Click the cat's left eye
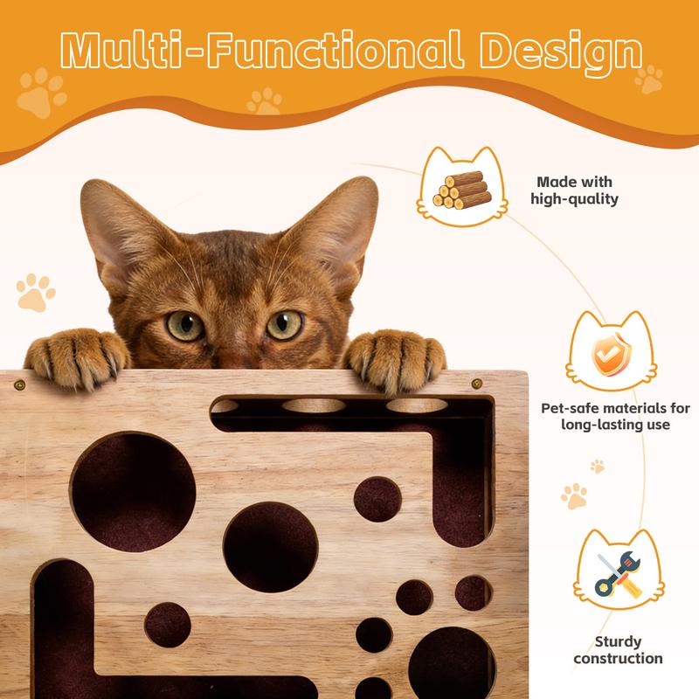[x=184, y=325]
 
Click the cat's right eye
[x=284, y=324]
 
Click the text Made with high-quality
[x=574, y=190]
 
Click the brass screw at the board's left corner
[x=18, y=383]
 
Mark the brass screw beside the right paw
[x=476, y=383]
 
